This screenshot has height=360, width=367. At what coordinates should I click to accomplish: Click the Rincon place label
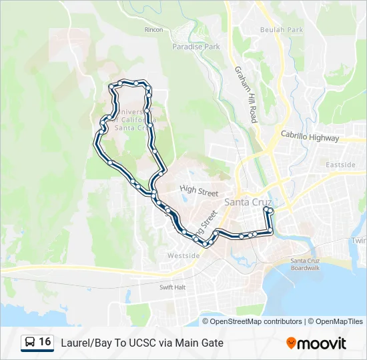[x=153, y=30]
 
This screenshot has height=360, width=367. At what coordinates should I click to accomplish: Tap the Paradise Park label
[x=196, y=47]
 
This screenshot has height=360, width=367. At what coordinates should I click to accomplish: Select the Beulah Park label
[x=281, y=30]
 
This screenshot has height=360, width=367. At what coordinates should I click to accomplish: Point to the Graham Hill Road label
[x=245, y=94]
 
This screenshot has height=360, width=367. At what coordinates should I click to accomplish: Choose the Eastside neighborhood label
[x=340, y=165]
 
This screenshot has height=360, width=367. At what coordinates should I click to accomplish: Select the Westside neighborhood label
[x=183, y=255]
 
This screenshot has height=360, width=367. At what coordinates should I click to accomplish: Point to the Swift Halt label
[x=172, y=287]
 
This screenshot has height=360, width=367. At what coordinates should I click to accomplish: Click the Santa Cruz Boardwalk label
[x=305, y=264]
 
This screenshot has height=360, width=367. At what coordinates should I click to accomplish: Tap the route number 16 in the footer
[x=45, y=342]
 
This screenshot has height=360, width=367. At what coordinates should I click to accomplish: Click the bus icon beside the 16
[x=29, y=342]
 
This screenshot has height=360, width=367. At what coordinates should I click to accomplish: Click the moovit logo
[x=316, y=343]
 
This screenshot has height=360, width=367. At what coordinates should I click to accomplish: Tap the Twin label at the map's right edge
[x=359, y=241]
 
